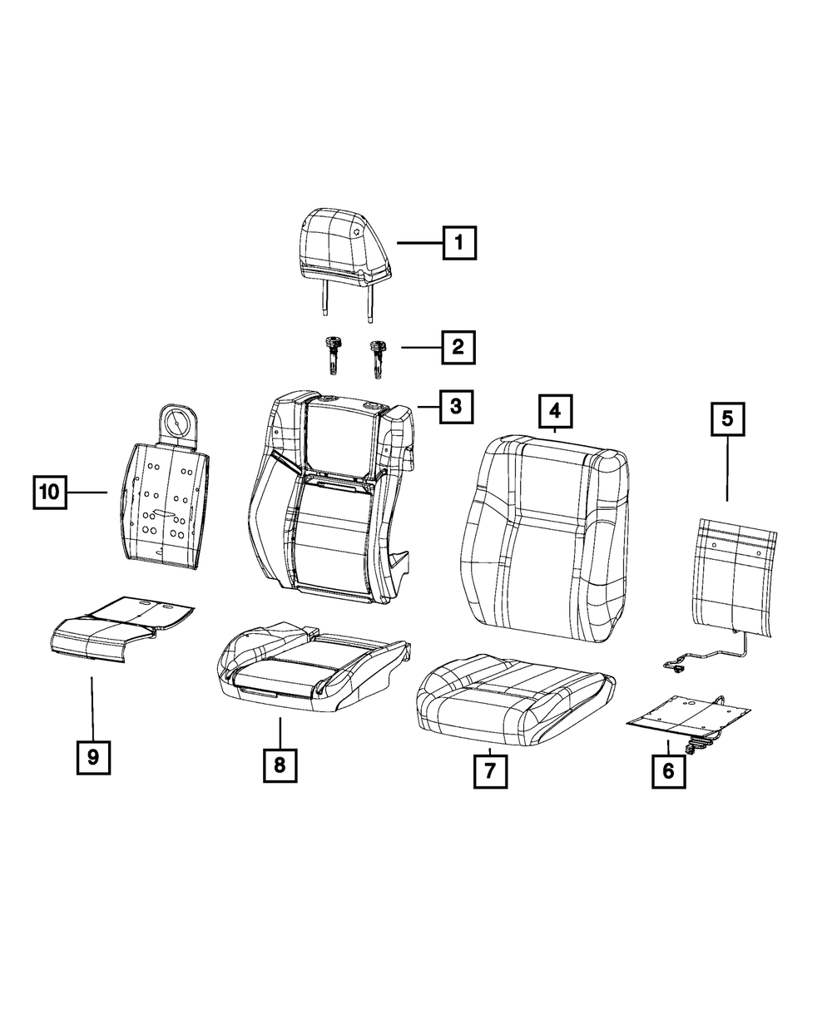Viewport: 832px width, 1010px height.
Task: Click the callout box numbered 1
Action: [x=459, y=242]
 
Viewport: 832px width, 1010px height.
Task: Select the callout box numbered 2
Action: [x=458, y=347]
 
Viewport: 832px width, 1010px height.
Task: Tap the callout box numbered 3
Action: [x=456, y=407]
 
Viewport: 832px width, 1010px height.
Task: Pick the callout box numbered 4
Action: [x=555, y=411]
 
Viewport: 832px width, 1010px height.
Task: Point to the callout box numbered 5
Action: [x=727, y=419]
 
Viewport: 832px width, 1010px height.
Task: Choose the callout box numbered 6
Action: [x=668, y=771]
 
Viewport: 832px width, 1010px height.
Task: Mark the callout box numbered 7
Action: [x=490, y=771]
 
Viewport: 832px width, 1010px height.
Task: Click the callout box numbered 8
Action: [x=280, y=765]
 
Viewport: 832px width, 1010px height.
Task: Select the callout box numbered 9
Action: [x=93, y=757]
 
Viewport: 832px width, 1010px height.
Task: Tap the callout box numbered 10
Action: [x=50, y=492]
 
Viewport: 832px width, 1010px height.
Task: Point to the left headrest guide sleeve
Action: [x=333, y=355]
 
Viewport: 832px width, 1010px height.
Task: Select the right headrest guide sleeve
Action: [x=377, y=359]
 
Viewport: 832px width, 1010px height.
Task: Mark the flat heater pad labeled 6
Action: [x=688, y=717]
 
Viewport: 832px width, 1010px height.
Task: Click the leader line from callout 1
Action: [x=419, y=243]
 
